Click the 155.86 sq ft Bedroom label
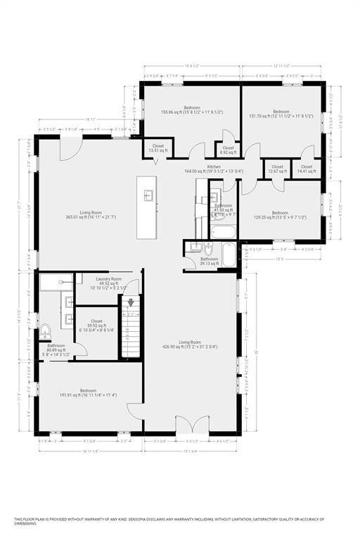coord(192,110)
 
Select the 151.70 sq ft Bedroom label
coord(281,113)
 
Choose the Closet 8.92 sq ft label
coord(228,150)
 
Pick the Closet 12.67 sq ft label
coord(276,169)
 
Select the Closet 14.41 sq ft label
coord(307,169)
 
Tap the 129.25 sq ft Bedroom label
coord(280,215)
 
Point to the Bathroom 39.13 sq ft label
coord(209,261)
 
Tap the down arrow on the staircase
coord(129,303)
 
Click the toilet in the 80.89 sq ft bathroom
coord(46,331)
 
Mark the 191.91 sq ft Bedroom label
coord(88,392)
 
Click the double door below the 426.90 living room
coord(191,424)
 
